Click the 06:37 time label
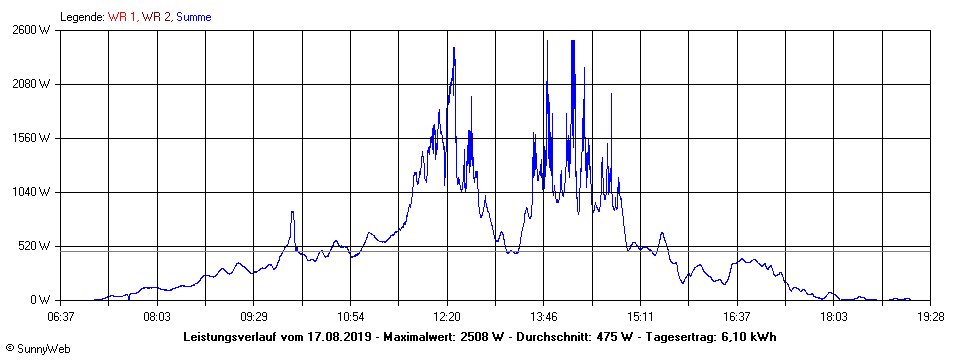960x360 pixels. [x=60, y=317]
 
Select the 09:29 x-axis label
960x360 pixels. [x=254, y=317]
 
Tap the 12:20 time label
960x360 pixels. [x=447, y=317]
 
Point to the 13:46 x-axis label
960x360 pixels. [x=544, y=317]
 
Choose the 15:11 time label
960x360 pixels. [x=641, y=317]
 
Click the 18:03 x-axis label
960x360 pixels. [x=834, y=317]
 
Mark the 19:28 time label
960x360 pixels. [x=931, y=317]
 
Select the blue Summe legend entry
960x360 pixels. [x=193, y=17]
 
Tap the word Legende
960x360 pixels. [x=81, y=17]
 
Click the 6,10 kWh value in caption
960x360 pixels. [x=750, y=336]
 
